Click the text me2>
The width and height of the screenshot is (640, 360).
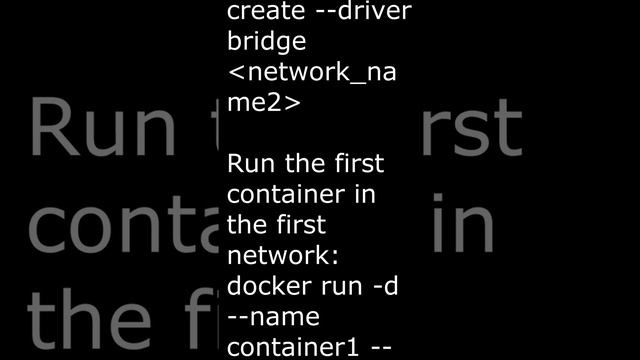tap(262, 104)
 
